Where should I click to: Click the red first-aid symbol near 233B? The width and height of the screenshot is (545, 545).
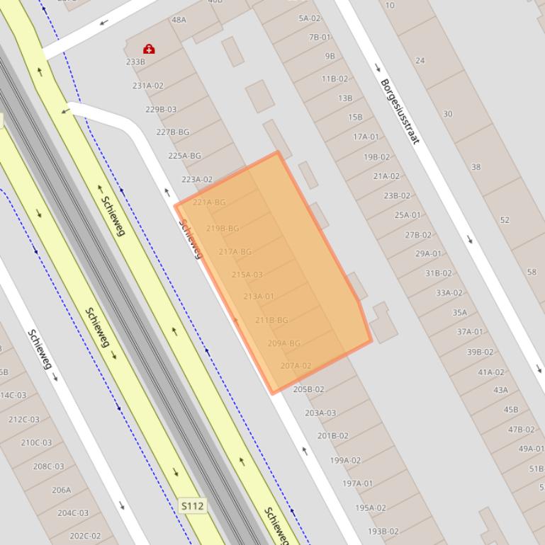pos(149,49)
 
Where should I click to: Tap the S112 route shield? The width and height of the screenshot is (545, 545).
pos(192,505)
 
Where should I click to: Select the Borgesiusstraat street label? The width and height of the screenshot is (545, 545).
pos(400,111)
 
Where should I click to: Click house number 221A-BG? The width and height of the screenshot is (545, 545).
pos(209,202)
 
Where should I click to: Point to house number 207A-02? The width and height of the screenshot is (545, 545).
pos(296,366)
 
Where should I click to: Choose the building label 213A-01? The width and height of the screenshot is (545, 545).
pos(259,297)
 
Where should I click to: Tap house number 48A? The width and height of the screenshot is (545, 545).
pos(179,20)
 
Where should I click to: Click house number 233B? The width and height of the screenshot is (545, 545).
pos(135,62)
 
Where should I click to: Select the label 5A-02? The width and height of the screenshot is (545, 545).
pos(310,18)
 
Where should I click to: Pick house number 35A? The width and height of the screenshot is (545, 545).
pos(460,312)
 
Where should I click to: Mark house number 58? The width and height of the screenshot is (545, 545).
pos(532,272)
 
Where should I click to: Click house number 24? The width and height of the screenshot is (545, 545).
pos(420,61)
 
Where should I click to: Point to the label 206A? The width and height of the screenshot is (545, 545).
pos(62,490)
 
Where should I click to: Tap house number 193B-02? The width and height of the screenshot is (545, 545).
pos(383,531)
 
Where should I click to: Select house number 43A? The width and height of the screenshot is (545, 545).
pos(500,390)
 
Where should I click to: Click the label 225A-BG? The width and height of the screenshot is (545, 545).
pos(184,156)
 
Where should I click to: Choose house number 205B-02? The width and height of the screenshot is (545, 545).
pos(309,389)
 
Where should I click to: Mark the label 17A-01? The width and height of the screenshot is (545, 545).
pos(366,137)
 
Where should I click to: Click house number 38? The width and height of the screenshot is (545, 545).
pos(476,167)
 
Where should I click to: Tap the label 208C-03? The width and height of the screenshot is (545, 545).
pos(48,466)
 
